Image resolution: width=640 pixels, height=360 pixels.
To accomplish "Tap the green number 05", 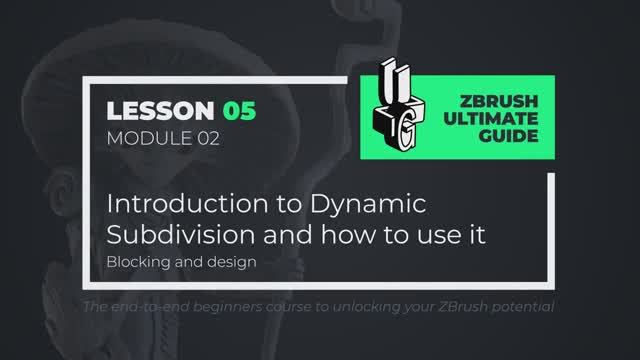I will (x=239, y=110).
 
